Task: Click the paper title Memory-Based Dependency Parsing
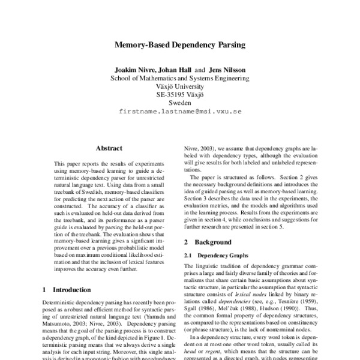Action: point(180,44)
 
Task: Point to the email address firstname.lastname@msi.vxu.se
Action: point(180,112)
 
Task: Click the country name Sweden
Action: point(180,103)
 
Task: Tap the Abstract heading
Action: point(109,148)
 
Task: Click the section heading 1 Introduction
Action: point(68,290)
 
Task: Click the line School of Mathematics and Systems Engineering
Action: point(180,78)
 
